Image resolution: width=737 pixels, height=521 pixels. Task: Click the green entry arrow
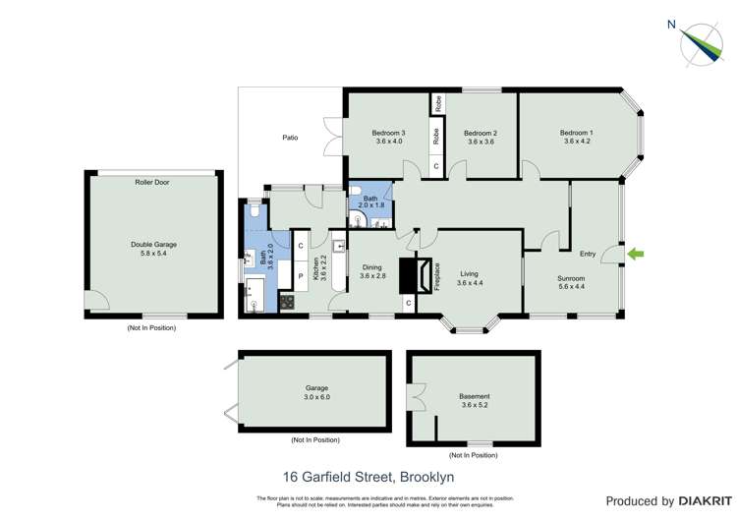[x=635, y=255]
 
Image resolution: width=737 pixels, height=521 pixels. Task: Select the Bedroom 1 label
[x=576, y=133]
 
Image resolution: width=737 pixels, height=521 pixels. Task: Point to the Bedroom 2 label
[x=481, y=133]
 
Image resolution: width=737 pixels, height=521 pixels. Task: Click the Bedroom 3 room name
[x=388, y=133]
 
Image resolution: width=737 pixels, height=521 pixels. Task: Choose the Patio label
[x=290, y=138]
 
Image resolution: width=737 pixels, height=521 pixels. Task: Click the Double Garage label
[x=153, y=245]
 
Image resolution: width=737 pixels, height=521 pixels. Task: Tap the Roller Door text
[x=152, y=182]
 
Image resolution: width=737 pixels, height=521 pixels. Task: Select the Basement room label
[x=474, y=397]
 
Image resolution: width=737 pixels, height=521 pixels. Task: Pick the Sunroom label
[x=571, y=278]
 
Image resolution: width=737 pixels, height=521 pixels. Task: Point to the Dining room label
[x=371, y=267]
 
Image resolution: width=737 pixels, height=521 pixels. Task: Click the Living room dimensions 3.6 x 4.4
[x=470, y=283]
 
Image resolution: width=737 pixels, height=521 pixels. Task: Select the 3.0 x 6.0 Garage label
[x=316, y=392]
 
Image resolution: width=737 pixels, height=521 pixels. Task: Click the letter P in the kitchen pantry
[x=300, y=276]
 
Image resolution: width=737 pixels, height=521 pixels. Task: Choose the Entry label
[x=588, y=255]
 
